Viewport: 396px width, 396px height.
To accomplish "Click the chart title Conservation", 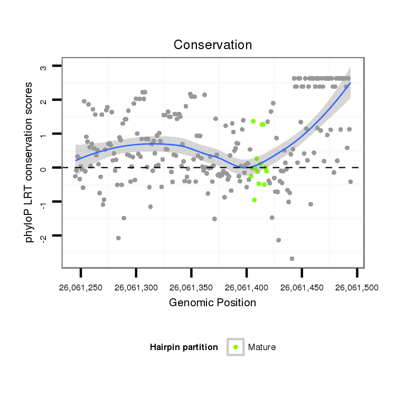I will (x=213, y=45).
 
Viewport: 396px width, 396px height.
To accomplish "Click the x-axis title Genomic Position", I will (x=212, y=303).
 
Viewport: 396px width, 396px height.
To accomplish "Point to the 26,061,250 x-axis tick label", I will (x=81, y=288).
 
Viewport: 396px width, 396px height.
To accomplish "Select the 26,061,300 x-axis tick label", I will (x=136, y=288).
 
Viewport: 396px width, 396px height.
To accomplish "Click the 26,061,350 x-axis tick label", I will (x=191, y=288).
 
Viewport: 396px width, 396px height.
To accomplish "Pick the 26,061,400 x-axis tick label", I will (x=247, y=288).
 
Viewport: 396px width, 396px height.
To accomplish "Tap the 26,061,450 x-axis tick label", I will (x=301, y=288).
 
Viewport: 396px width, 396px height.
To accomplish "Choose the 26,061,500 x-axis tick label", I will (x=357, y=288).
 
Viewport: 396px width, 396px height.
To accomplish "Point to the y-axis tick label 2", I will (x=44, y=100).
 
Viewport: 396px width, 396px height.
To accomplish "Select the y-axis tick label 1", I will (x=44, y=134).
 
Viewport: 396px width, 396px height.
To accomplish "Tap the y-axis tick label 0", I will (x=44, y=167).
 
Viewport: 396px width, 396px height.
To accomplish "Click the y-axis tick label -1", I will (x=44, y=201).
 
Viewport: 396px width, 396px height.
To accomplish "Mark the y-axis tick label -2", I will (x=44, y=235).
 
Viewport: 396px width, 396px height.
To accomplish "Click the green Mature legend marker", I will (x=235, y=347).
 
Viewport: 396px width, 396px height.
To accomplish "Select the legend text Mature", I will (x=262, y=347).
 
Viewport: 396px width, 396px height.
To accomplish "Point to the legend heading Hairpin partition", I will (x=184, y=347).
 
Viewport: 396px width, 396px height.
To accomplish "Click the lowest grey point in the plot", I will (x=291, y=259).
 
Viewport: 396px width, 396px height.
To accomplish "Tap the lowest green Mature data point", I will (x=254, y=200).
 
